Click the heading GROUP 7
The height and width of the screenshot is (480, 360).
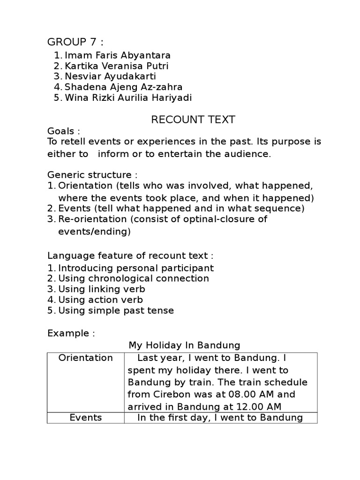[x=75, y=42]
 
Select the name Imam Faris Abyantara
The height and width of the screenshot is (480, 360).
[x=117, y=55]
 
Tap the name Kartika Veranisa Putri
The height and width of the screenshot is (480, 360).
[x=116, y=66]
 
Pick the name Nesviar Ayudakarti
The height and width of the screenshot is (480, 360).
[x=110, y=76]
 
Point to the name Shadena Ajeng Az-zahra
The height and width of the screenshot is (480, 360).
[x=123, y=87]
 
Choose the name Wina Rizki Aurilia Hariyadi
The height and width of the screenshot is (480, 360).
[x=128, y=97]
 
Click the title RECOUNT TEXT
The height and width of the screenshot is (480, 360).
[x=193, y=120]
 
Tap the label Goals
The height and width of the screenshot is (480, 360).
[x=64, y=131]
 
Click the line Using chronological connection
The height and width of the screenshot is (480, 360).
[x=133, y=278]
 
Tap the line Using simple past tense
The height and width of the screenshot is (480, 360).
[x=116, y=310]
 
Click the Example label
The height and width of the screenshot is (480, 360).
[x=71, y=333]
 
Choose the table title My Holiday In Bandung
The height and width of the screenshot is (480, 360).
[x=184, y=345]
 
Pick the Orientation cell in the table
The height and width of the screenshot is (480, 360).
[x=85, y=358]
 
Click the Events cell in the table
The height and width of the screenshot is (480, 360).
[x=85, y=417]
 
